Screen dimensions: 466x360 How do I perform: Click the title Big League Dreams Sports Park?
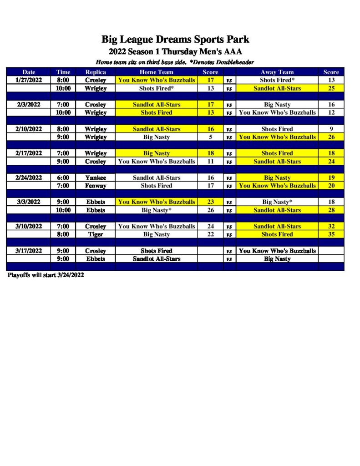point(175,40)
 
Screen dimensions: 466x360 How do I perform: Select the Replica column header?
point(96,72)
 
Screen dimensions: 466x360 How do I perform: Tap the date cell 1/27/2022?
point(28,80)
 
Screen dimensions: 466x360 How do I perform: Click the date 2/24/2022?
point(28,177)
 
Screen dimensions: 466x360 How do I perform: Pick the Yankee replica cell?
point(96,177)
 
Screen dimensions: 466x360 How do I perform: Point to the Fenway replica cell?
point(96,186)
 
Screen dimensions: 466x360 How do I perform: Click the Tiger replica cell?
point(96,234)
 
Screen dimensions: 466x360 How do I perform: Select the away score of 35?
point(331,234)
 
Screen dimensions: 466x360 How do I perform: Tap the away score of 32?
point(331,226)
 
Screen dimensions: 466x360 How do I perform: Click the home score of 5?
point(211,137)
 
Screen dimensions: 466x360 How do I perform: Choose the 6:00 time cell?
point(63,177)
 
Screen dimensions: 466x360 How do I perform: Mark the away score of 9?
point(331,129)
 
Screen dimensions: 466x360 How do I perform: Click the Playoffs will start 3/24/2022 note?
point(46,275)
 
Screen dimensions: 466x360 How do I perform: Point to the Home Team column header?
point(156,72)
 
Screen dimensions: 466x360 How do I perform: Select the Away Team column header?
point(277,72)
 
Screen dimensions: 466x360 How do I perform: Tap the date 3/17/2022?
point(28,251)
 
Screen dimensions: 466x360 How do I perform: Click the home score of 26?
point(211,210)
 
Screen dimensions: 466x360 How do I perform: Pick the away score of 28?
point(331,210)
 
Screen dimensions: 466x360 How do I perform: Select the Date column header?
point(28,72)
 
